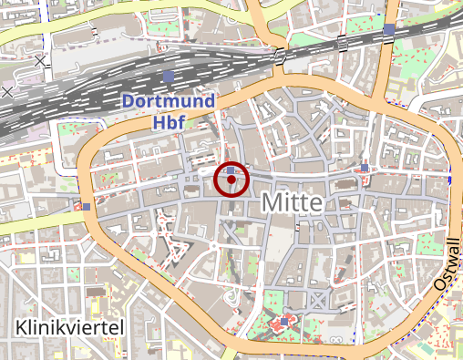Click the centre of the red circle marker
pos(231,180)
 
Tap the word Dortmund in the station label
pos(169,100)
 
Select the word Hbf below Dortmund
pos(169,119)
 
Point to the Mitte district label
pos(292,202)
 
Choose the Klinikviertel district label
pos(70,326)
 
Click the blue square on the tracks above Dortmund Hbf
pos(169,75)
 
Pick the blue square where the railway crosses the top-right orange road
pos(389,29)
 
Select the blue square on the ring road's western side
pos(86,206)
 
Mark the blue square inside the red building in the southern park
pos(284,322)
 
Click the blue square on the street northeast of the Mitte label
pos(365,168)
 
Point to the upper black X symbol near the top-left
pos(40,61)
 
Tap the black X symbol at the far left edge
pos(7,91)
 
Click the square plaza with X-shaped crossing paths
pos(317,301)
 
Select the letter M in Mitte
pos(272,202)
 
